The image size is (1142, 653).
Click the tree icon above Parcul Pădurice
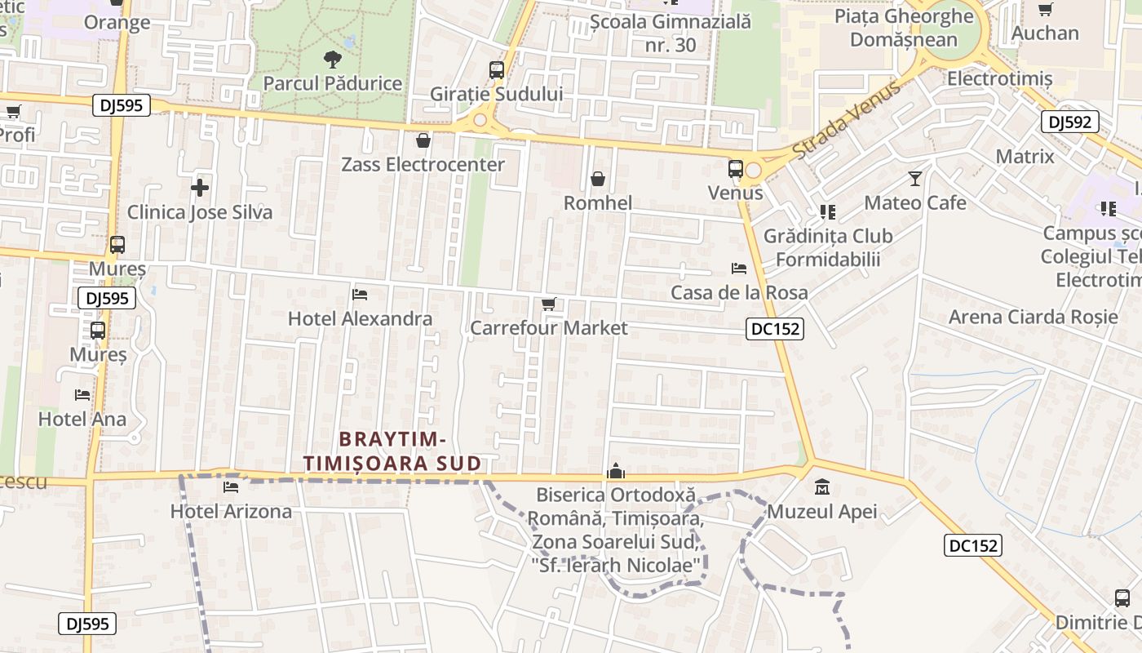332,59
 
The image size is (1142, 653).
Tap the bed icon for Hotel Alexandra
360,294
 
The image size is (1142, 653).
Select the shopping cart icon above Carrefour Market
549,304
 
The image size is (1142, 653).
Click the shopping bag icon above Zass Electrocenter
423,140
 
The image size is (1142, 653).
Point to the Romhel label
598,202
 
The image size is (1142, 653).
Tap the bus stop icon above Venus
735,169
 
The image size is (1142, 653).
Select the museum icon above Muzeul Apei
822,488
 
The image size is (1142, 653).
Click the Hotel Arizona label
231,512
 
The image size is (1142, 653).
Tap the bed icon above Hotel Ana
82,395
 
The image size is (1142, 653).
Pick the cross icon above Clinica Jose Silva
200,188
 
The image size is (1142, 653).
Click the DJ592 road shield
1070,122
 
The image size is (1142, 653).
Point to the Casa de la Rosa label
739,292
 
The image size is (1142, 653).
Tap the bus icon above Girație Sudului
497,70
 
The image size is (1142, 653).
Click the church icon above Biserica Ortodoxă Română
616,471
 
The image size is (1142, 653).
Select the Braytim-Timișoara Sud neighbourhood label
392,451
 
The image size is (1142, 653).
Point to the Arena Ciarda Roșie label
1033,317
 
